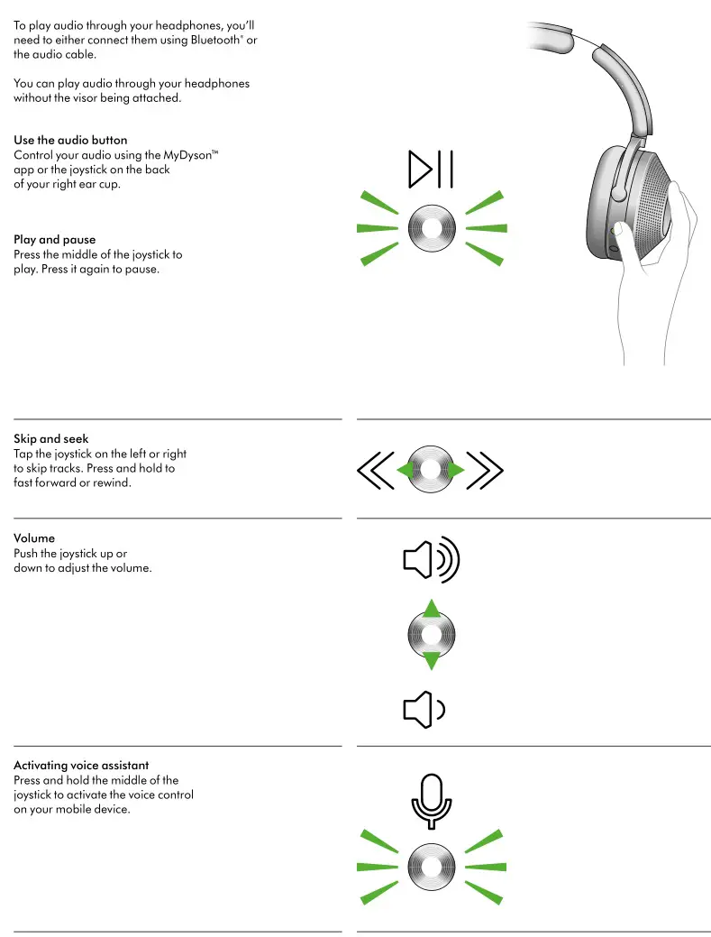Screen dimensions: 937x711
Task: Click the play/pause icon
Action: click(x=431, y=170)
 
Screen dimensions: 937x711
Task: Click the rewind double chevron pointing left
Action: click(x=375, y=470)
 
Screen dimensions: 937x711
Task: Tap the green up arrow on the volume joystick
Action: click(x=432, y=609)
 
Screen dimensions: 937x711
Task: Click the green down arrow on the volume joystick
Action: click(x=432, y=661)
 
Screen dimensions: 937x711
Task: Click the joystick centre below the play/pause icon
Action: click(x=431, y=229)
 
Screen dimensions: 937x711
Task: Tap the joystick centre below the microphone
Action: click(x=431, y=866)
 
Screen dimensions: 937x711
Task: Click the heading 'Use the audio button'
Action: click(x=70, y=141)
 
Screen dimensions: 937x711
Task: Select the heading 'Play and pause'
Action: click(x=54, y=240)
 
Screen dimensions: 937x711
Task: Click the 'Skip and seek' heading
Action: click(x=50, y=439)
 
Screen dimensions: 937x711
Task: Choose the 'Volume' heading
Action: click(x=34, y=538)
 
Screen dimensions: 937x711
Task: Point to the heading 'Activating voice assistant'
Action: click(x=81, y=766)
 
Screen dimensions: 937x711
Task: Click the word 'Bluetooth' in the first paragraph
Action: click(x=213, y=41)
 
